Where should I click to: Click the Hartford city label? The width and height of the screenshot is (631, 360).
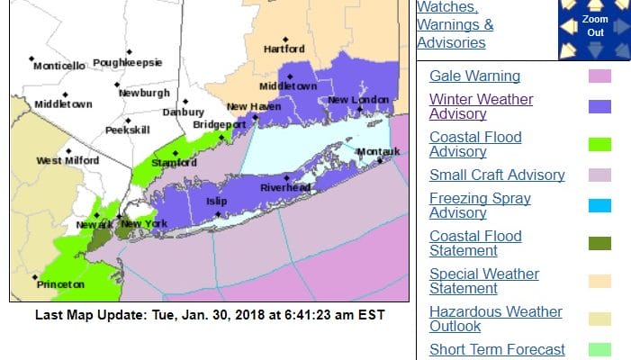284,49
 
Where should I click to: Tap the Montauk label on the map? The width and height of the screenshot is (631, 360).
377,151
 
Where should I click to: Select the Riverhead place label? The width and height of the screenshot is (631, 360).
285,187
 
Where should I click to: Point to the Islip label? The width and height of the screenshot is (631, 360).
218,202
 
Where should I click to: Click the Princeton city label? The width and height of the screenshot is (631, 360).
61,284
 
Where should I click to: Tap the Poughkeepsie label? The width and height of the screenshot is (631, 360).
128,63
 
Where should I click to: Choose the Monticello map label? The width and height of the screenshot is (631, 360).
59,66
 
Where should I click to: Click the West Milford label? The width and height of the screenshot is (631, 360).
62,161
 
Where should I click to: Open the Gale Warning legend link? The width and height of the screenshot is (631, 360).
474,76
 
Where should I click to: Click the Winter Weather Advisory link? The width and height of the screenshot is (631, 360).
481,106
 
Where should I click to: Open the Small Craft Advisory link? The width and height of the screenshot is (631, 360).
497,175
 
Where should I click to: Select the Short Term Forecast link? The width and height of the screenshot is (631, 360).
497,349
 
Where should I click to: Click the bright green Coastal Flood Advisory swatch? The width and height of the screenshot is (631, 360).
599,144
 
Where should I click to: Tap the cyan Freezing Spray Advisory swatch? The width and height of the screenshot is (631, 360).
599,205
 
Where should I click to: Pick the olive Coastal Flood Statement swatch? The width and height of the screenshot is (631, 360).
599,243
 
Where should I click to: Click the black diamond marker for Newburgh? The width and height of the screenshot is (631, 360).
117,85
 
